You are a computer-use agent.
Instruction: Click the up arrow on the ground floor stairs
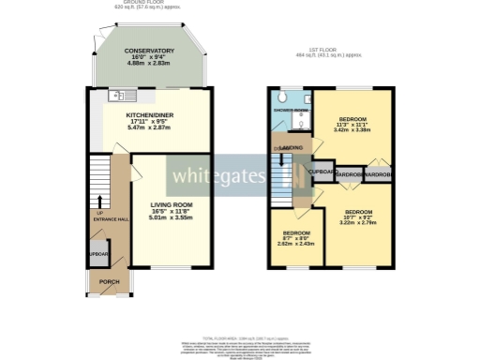tap(100, 200)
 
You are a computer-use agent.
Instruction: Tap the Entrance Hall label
tap(107, 219)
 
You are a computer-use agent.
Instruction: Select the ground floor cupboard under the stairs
tap(98, 254)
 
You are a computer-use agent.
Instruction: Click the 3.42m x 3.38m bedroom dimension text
tap(352, 130)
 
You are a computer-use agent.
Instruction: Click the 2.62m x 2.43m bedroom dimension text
tap(297, 243)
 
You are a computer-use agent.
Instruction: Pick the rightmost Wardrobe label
tap(380, 174)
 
